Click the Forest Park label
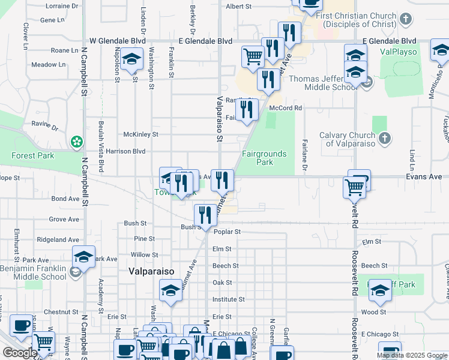pos(32,155)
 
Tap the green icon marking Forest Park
pos(76,142)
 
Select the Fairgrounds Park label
pos(264,158)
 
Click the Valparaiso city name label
pos(151,271)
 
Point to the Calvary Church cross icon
pos(385,139)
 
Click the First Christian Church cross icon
pos(406,20)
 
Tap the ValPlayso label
pos(399,52)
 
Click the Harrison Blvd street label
pos(126,151)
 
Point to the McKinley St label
pos(140,134)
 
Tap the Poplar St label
pos(229,232)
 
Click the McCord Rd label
pos(285,108)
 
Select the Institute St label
pos(228,299)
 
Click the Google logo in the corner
pos(19,353)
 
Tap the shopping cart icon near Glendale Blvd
pos(253,57)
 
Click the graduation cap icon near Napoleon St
pos(130,60)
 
